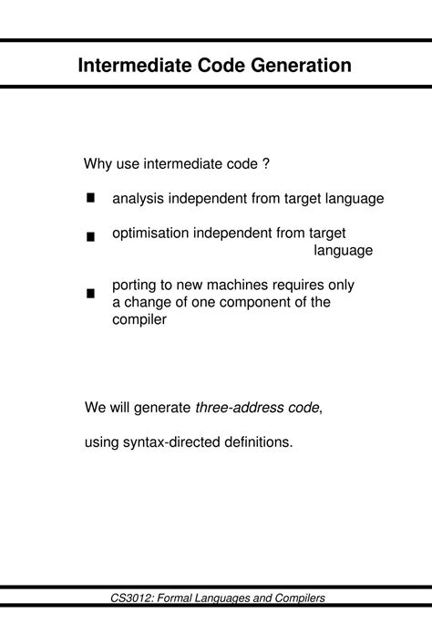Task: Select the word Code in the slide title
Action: pyautogui.click(x=221, y=66)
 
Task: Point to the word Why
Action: pyautogui.click(x=98, y=164)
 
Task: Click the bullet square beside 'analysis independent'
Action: pyautogui.click(x=91, y=198)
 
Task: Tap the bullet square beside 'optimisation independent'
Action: pyautogui.click(x=91, y=236)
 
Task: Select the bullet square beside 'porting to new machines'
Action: pyautogui.click(x=91, y=294)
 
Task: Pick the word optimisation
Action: pyautogui.click(x=150, y=234)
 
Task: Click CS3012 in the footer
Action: pyautogui.click(x=130, y=598)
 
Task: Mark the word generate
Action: pyautogui.click(x=159, y=407)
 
